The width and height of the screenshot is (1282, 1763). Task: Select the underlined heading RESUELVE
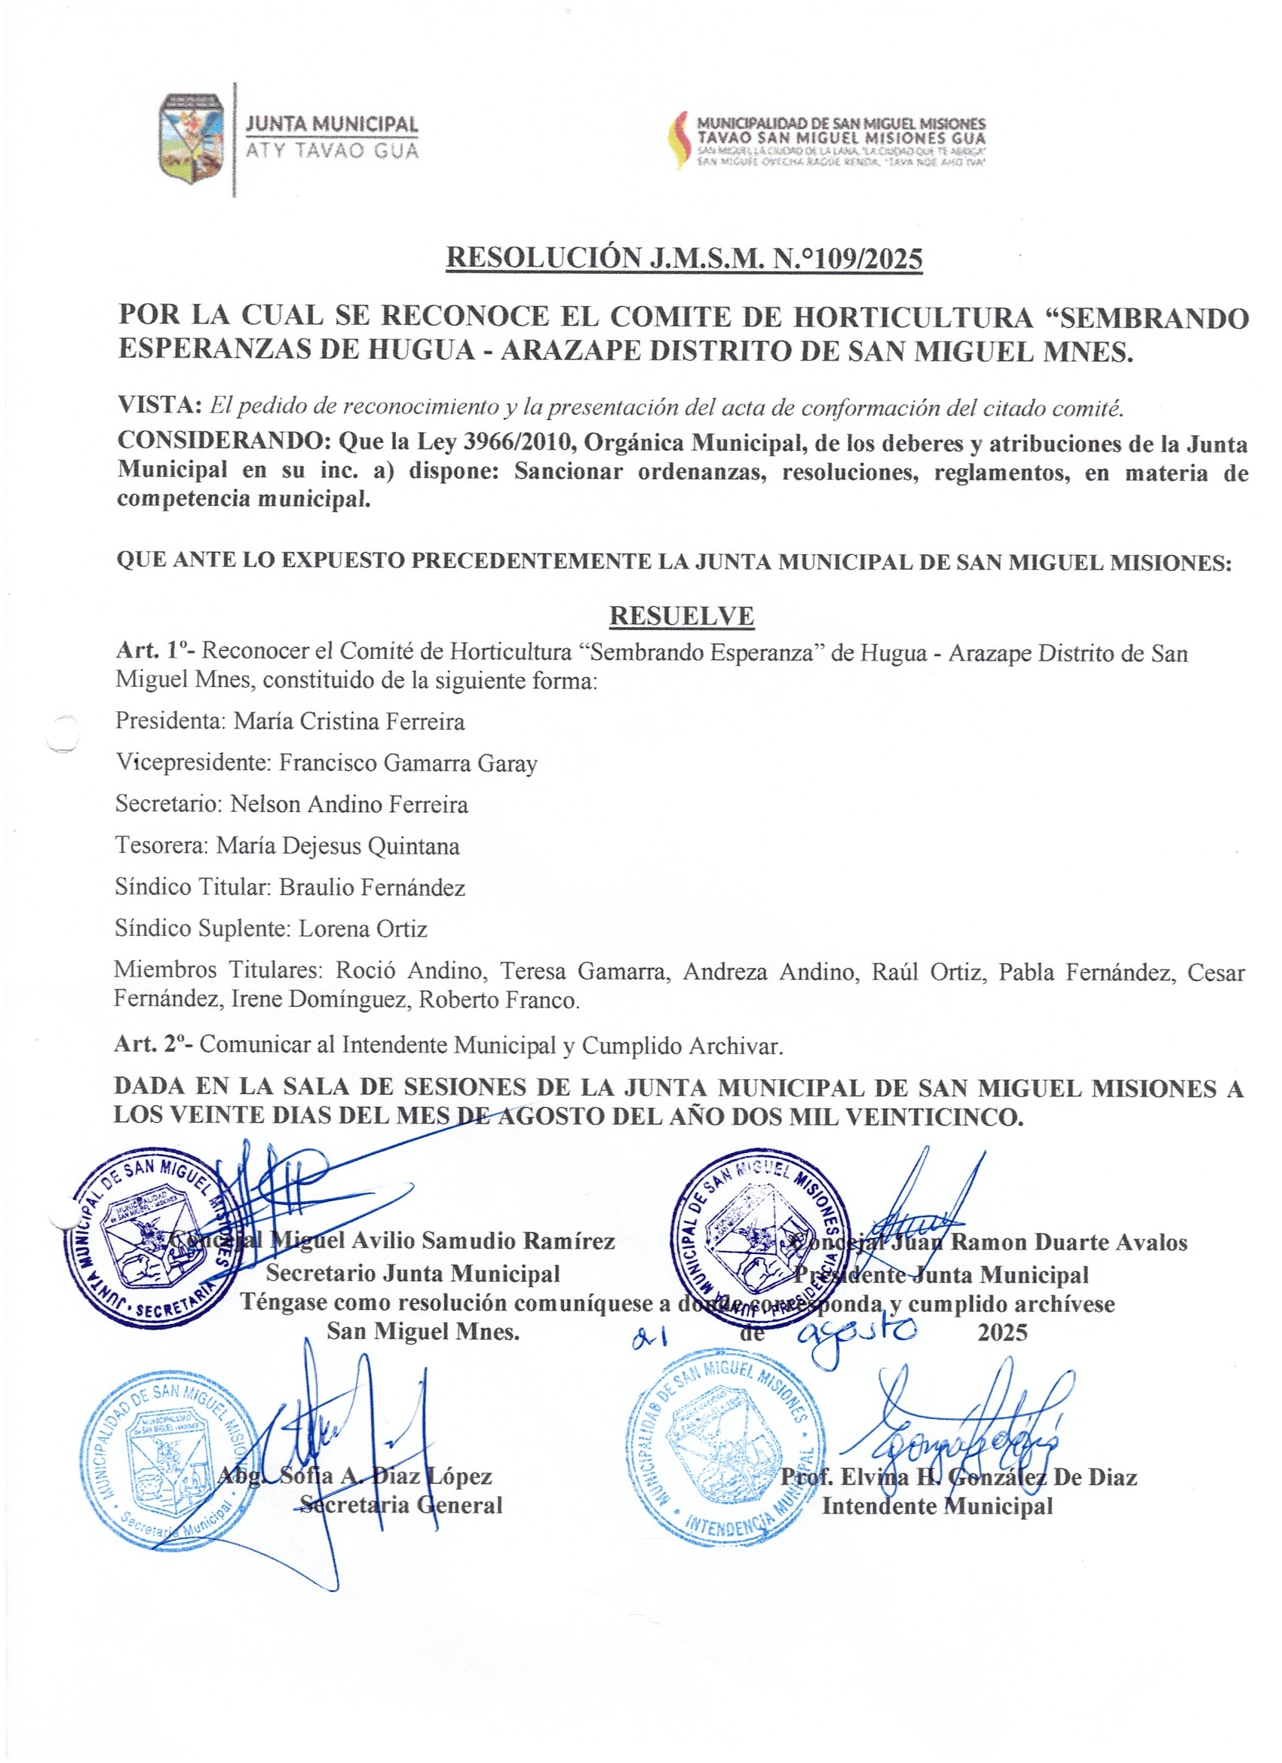click(x=681, y=615)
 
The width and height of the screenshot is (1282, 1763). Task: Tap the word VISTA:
click(x=160, y=405)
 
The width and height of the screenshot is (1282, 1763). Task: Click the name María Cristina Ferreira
click(x=349, y=722)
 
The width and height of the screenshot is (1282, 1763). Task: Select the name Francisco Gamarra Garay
click(x=408, y=763)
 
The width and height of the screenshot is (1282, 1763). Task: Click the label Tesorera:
click(x=161, y=846)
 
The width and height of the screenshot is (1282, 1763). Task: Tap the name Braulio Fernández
click(x=372, y=887)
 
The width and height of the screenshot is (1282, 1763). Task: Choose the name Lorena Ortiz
click(x=363, y=929)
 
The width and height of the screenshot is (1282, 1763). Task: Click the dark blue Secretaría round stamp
click(x=152, y=1237)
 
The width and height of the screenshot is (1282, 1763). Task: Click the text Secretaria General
click(x=401, y=1505)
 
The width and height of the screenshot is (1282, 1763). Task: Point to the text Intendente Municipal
click(x=937, y=1506)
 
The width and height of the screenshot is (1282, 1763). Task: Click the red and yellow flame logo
click(x=682, y=140)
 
